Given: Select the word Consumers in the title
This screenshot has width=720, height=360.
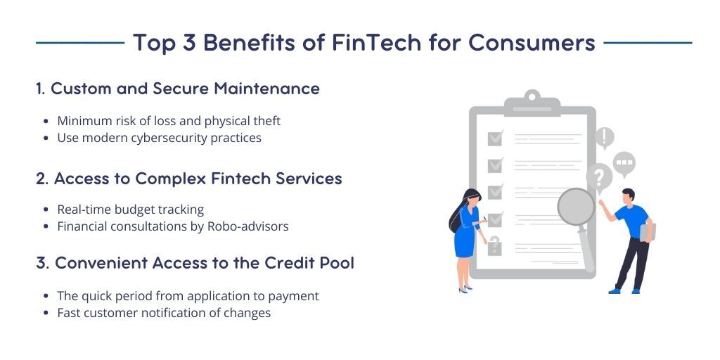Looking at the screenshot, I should [x=532, y=43].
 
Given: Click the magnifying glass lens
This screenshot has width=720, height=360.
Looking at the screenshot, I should [x=576, y=207].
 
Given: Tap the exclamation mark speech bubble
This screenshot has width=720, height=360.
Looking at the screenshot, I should [x=605, y=137].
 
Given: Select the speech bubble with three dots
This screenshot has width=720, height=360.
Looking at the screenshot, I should [x=623, y=163].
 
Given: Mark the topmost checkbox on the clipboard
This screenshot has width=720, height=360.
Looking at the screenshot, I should [x=495, y=138].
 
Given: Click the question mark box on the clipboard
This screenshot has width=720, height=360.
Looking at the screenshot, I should [x=495, y=245].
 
